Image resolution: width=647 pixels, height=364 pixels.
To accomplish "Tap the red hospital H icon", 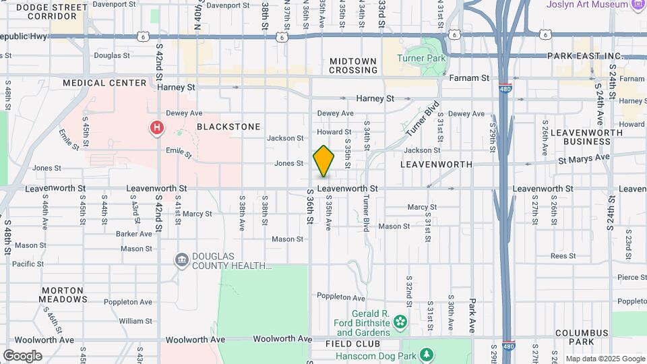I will pos(157,127).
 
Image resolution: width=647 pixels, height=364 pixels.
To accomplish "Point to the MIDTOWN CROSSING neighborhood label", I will pos(352,65).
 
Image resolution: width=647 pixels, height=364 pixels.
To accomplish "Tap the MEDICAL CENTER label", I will pos(104,83).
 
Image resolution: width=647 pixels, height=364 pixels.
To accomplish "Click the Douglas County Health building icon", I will pos(181,260).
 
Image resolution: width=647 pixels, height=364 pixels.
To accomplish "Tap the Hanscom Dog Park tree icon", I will pos(425,354).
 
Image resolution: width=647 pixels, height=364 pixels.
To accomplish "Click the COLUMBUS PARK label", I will pos(582,333).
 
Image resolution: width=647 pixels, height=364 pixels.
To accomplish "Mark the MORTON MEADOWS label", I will pos(63,294).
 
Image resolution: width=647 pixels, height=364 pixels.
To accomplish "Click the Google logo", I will pos(22,356).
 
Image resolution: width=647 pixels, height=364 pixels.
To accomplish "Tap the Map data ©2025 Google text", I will pos(605,359).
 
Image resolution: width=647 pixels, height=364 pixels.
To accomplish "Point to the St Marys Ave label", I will pos(584,157).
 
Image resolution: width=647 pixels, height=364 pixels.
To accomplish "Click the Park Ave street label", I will pos(472,316).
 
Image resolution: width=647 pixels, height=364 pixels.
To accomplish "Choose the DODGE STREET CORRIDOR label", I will pos(46,11).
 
